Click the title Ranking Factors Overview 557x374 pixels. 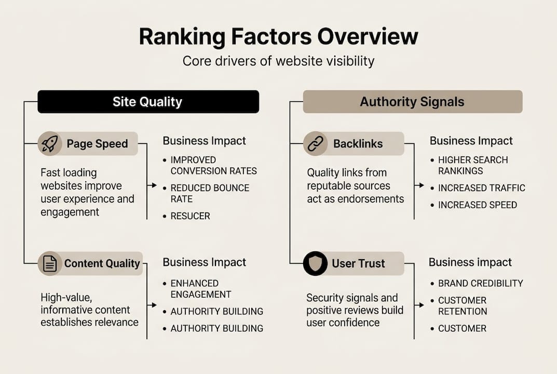(278, 37)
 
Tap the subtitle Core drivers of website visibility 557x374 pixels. (278, 61)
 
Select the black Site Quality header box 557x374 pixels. (148, 102)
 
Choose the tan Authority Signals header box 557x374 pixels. (412, 102)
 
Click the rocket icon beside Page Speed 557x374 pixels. (50, 144)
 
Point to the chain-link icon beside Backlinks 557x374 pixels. (315, 144)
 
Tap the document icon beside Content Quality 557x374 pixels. (50, 264)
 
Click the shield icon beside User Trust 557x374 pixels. (315, 264)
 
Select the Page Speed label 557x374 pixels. (97, 144)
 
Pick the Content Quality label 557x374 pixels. (102, 264)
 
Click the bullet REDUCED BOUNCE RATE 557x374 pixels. (210, 193)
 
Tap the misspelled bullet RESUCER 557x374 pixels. (190, 216)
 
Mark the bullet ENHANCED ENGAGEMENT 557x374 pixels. (200, 289)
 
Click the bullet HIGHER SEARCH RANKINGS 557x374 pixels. (472, 165)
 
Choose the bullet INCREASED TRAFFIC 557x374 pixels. (481, 188)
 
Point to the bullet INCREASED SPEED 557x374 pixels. (477, 205)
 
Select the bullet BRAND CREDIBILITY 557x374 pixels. (480, 284)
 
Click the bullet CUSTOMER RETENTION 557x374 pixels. (462, 306)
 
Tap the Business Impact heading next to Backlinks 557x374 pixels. (471, 141)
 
